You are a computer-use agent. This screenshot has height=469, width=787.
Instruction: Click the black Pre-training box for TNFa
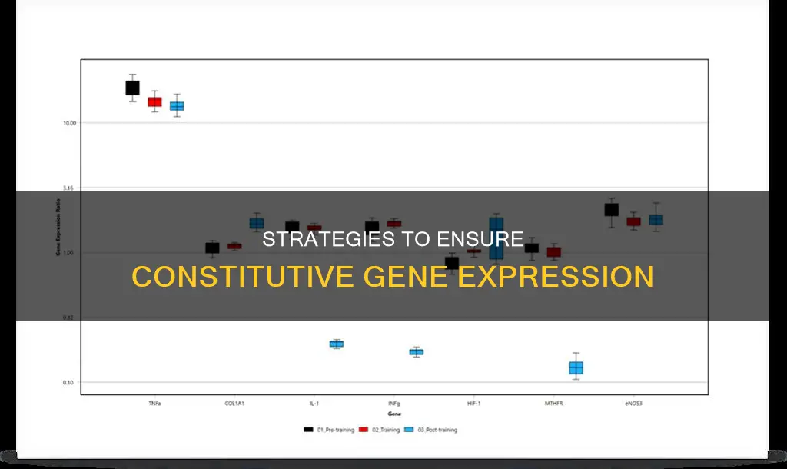pos(132,88)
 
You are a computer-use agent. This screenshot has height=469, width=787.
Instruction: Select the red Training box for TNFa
pos(154,101)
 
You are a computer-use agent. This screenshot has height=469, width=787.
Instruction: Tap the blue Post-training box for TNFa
pos(177,106)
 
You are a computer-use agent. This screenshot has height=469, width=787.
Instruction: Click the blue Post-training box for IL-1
pos(336,344)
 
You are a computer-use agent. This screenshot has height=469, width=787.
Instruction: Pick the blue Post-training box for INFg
pos(416,352)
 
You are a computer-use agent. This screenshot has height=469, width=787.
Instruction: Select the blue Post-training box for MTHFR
pos(576,368)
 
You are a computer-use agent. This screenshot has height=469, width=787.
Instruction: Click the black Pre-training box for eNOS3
pos(611,209)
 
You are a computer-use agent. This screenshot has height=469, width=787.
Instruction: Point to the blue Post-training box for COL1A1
pos(256,223)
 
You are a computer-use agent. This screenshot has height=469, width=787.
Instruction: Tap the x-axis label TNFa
pos(154,403)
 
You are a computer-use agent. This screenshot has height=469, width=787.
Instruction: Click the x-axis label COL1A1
pos(234,403)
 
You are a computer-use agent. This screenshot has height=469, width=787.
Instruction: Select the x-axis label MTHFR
pos(553,403)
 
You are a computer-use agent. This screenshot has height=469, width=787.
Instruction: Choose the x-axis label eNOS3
pos(633,403)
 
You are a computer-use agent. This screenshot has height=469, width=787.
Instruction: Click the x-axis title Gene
pos(393,414)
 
